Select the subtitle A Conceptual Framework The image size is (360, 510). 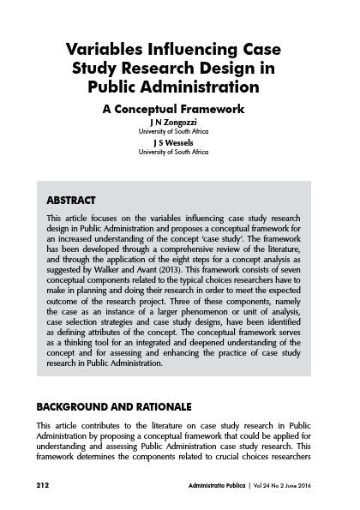pyautogui.click(x=180, y=109)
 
